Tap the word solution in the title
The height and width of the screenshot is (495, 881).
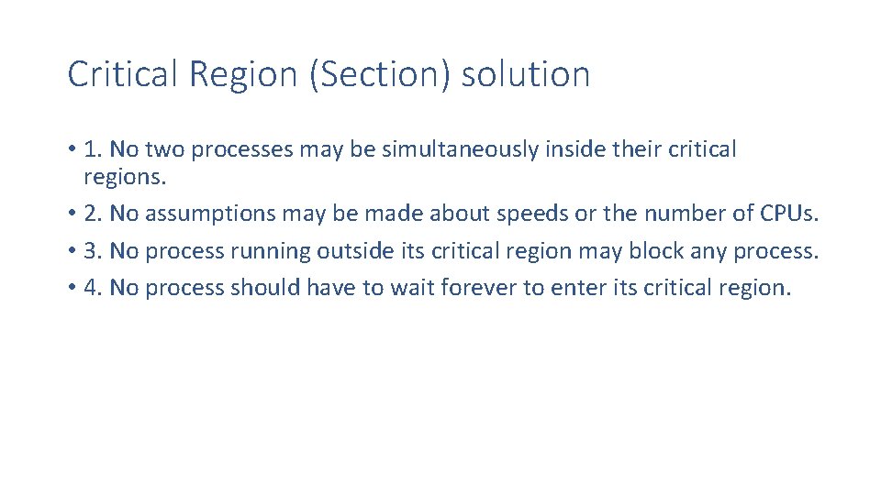point(526,74)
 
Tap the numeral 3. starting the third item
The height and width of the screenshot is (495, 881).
point(93,250)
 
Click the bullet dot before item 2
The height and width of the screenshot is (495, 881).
point(72,214)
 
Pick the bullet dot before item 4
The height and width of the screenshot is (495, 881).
point(72,288)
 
